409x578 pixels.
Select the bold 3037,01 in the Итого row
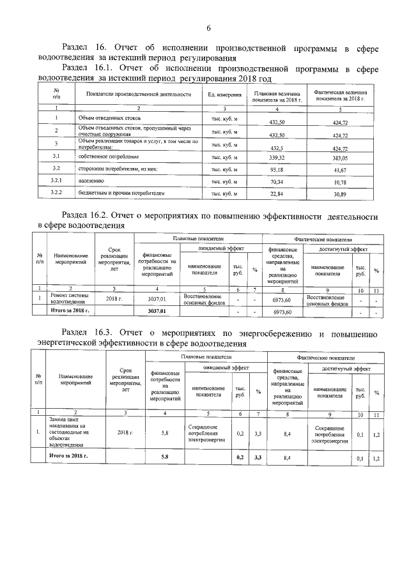point(157,310)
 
